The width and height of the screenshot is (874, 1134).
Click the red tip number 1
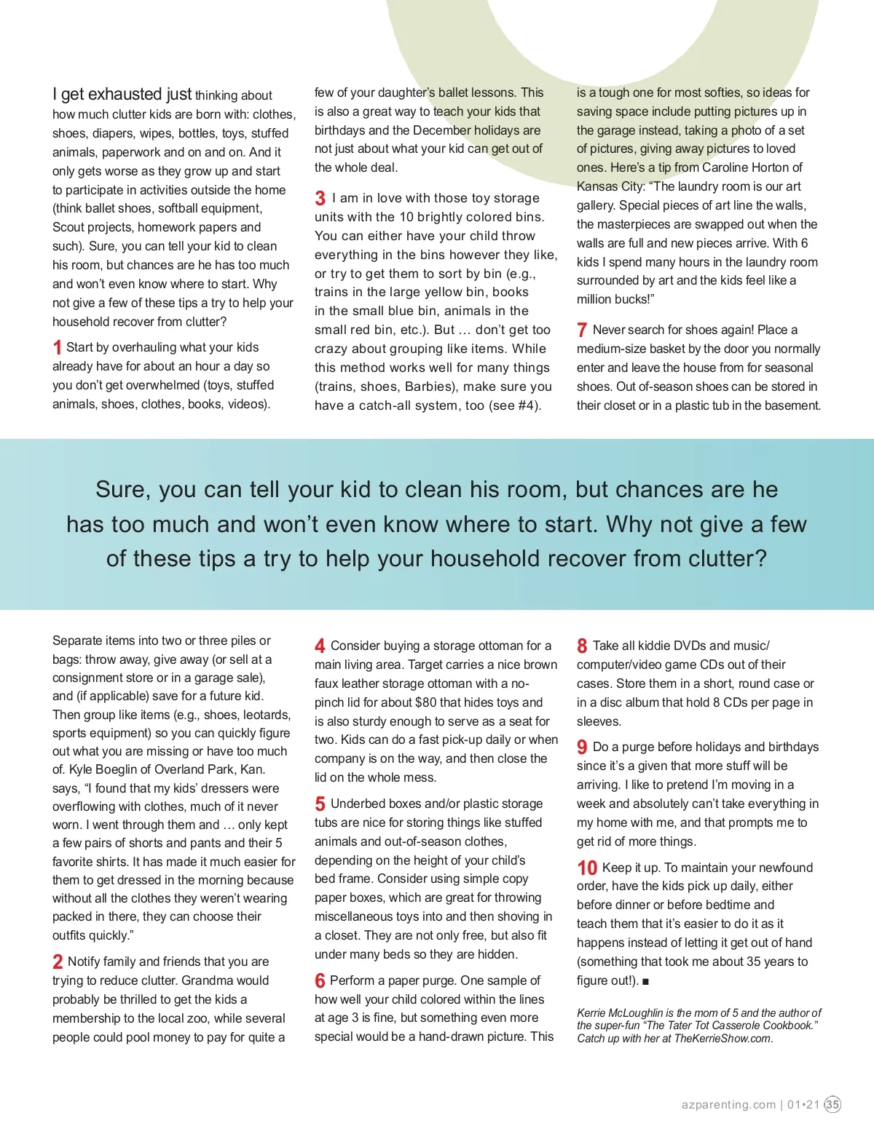[x=57, y=348]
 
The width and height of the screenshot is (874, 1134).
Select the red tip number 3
[x=320, y=198]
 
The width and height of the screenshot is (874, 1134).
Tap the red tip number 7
[x=582, y=330]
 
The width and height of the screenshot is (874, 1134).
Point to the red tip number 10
[x=587, y=868]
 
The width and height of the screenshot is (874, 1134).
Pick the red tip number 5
[x=320, y=804]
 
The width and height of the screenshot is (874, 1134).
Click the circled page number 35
[x=832, y=1104]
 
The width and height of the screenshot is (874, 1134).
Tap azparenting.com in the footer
[x=728, y=1104]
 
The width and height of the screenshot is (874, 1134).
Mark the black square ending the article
[x=645, y=981]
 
